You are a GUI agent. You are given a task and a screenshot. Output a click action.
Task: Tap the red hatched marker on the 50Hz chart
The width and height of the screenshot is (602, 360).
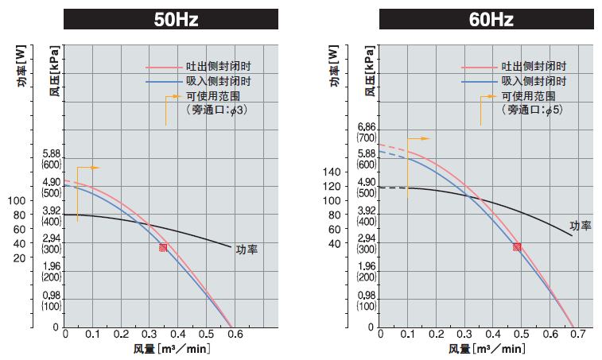click(x=163, y=248)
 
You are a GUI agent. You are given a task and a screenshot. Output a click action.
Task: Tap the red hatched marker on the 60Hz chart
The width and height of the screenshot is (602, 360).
click(x=517, y=247)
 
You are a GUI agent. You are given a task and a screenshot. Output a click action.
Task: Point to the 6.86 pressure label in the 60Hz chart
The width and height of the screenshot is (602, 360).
click(x=367, y=127)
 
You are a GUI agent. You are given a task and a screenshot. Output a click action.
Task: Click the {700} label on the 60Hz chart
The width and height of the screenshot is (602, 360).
click(x=367, y=138)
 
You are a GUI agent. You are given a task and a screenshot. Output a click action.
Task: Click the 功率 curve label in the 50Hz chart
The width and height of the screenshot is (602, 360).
click(x=247, y=250)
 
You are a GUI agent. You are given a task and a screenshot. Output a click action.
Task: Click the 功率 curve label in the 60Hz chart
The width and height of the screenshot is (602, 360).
click(x=581, y=226)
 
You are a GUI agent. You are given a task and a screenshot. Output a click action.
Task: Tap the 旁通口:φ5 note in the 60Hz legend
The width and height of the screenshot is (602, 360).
click(x=533, y=110)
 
